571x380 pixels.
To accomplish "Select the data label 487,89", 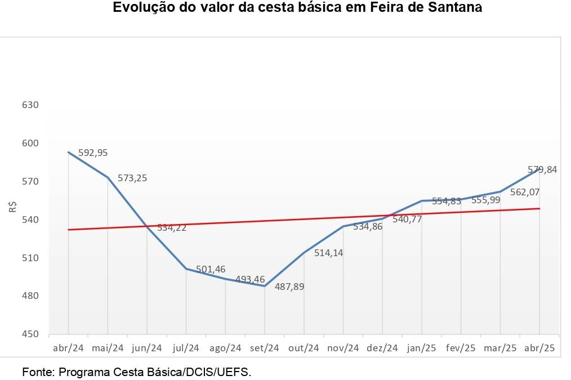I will coord(289,287).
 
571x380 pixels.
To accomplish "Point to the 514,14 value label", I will coord(328,253).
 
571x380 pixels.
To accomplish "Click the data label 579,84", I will coord(542,169).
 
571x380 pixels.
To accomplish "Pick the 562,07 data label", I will coord(525,192).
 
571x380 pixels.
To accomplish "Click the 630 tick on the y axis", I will coord(31,105).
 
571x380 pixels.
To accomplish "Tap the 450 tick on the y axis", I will coord(31,334).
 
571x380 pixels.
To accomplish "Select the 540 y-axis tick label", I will coord(31,220).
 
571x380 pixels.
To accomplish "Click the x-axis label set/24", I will coord(265,348).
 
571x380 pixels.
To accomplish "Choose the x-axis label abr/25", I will coord(540,348).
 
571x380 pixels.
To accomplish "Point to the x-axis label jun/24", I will coord(147,348).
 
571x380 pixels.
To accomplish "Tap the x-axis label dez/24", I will coord(382,348).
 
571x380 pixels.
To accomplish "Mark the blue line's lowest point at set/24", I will coord(265,286).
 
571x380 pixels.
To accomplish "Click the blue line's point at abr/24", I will coord(68,152).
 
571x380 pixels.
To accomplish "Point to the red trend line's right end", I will coord(539,208).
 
